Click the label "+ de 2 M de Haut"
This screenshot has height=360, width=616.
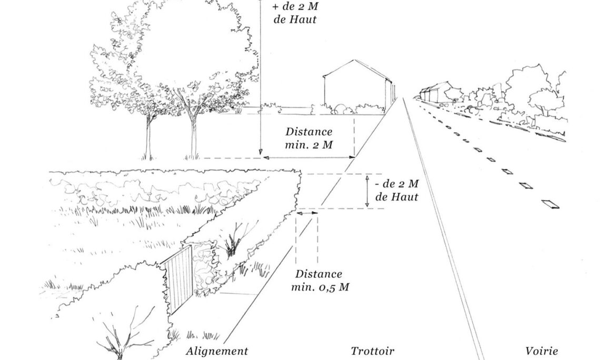pyautogui.click(x=295, y=13)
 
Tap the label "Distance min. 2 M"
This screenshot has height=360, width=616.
pyautogui.click(x=309, y=138)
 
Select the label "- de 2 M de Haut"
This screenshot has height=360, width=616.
pyautogui.click(x=397, y=191)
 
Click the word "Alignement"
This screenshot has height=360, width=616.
pyautogui.click(x=216, y=351)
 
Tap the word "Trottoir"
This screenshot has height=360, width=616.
pyautogui.click(x=372, y=351)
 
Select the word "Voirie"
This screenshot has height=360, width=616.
pyautogui.click(x=541, y=351)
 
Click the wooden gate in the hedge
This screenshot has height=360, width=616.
pyautogui.click(x=179, y=280)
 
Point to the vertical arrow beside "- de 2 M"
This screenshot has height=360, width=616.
pyautogui.click(x=367, y=191)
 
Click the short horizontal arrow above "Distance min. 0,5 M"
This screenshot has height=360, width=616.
pyautogui.click(x=307, y=213)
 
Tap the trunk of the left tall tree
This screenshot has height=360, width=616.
pyautogui.click(x=148, y=138)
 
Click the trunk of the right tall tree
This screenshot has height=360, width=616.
pyautogui.click(x=193, y=134)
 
